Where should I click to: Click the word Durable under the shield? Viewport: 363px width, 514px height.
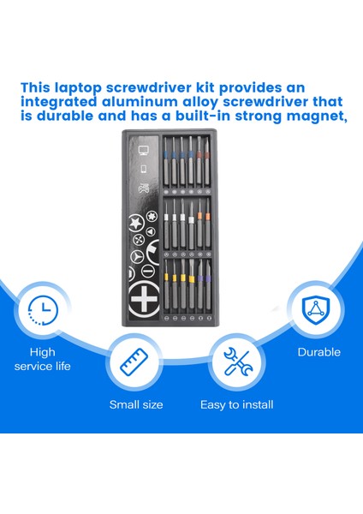point(318,352)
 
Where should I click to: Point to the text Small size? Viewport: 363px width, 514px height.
point(135,404)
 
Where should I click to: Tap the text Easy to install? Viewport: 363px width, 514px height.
point(236,404)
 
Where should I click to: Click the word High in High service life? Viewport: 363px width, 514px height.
point(41,352)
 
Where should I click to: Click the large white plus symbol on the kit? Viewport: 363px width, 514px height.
point(142,300)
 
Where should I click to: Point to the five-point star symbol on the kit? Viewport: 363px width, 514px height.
point(134,224)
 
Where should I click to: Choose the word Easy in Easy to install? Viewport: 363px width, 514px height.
point(212,404)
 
